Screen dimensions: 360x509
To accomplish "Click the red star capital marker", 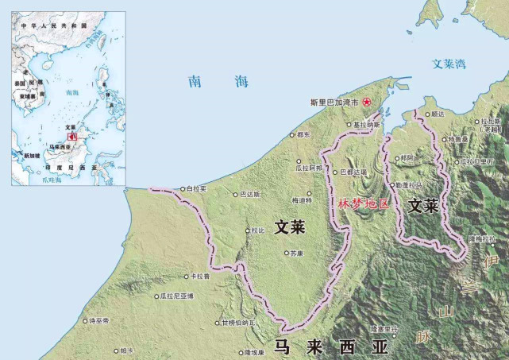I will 366,102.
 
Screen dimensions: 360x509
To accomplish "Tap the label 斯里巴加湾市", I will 335,103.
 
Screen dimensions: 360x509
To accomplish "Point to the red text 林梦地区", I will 364,203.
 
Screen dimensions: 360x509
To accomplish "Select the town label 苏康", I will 296,254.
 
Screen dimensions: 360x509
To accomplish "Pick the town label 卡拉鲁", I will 199,277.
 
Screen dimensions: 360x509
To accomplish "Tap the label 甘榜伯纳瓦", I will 238,323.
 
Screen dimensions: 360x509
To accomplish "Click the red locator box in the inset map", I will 71,136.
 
